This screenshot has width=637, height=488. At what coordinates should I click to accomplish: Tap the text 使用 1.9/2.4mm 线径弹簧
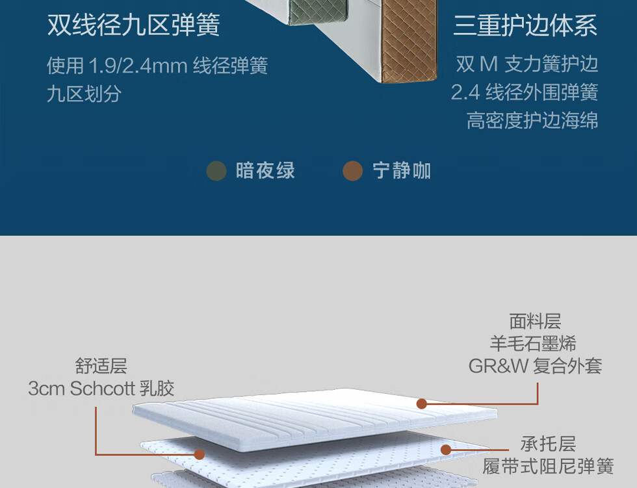[x=157, y=66]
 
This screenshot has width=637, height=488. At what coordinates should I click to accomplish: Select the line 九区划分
[x=84, y=94]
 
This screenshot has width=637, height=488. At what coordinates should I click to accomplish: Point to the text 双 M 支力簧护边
[x=526, y=64]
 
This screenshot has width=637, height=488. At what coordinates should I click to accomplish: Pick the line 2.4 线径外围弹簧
[x=525, y=92]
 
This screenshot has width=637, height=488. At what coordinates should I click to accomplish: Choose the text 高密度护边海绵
[x=532, y=120]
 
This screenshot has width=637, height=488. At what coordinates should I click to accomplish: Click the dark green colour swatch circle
[x=216, y=171]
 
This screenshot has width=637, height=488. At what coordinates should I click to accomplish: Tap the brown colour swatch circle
[x=352, y=171]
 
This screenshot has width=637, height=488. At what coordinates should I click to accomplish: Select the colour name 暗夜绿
[x=265, y=171]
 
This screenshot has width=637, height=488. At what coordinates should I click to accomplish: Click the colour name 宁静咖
[x=402, y=171]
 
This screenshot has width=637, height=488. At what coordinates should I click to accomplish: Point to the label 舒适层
[x=101, y=366]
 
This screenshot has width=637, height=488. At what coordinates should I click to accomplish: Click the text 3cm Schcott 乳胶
[x=101, y=389]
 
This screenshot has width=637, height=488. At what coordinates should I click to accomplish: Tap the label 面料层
[x=535, y=322]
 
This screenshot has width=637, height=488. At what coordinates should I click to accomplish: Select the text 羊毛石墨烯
[x=533, y=343]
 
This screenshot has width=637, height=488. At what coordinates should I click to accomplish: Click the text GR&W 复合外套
[x=535, y=366]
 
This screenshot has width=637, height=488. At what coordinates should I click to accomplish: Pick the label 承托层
[x=548, y=444]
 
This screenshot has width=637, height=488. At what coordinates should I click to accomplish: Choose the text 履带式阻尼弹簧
[x=548, y=467]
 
